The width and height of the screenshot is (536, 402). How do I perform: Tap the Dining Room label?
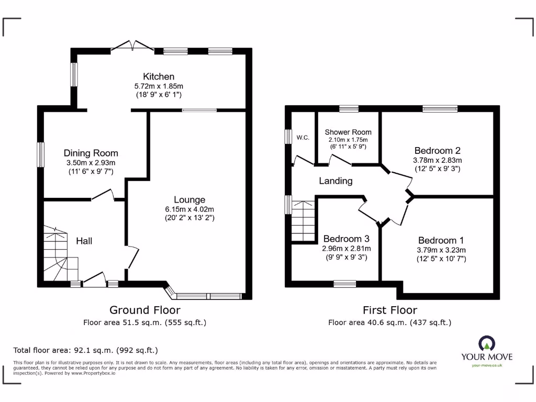click(x=91, y=153)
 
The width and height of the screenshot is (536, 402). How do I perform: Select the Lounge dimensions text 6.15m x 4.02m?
click(x=189, y=209)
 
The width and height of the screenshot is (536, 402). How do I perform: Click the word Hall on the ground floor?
click(x=84, y=241)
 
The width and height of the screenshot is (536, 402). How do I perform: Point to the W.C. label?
click(x=303, y=138)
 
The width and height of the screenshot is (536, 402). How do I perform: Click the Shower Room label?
click(x=348, y=132)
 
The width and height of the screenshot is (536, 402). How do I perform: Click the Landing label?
click(x=336, y=181)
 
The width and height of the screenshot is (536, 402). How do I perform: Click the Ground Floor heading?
click(x=144, y=310)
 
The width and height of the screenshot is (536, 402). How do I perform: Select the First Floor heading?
click(x=390, y=310)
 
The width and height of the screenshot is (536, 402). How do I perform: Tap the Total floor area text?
click(x=85, y=350)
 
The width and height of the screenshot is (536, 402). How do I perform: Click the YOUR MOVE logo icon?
click(x=486, y=344)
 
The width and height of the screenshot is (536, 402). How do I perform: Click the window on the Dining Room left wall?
click(x=40, y=154)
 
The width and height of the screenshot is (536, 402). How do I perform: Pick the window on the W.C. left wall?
click(x=288, y=136)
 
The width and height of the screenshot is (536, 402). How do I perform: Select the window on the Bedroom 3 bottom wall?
click(x=345, y=284)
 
